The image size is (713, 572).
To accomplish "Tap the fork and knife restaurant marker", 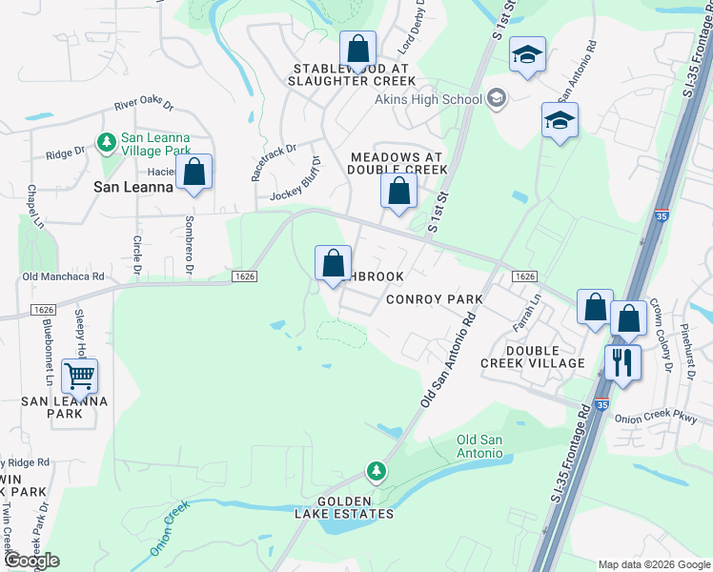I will point(623,362).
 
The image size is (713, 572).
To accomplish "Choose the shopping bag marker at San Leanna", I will point(194,173).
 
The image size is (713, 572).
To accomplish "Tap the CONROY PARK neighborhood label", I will point(434,299).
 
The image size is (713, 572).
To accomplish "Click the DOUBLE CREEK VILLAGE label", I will point(532,357).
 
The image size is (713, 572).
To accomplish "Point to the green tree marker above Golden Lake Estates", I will point(377,471).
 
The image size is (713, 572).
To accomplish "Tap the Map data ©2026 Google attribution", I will point(654,564).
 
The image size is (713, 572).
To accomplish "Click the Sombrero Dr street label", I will point(189,252).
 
